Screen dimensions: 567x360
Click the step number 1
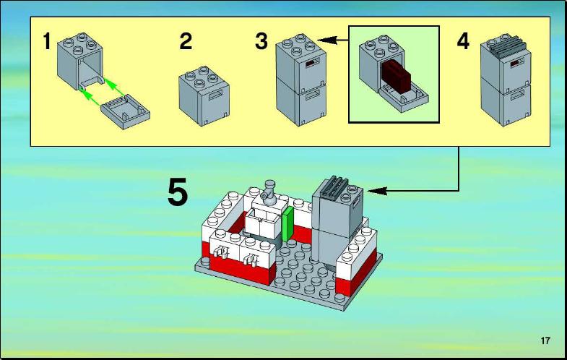[47, 41]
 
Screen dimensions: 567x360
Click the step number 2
[186, 41]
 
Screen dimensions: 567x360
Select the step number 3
[261, 41]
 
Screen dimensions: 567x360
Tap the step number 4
[463, 41]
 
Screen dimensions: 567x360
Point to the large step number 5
[178, 192]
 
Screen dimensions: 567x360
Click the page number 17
[545, 340]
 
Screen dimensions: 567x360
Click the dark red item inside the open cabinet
[397, 76]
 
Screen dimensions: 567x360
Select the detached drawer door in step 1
[125, 112]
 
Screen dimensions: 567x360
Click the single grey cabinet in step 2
[204, 95]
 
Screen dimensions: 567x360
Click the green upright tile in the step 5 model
[287, 223]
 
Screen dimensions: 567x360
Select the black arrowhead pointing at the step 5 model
[378, 191]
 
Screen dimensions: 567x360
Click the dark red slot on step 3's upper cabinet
[311, 64]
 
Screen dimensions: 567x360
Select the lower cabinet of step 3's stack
[301, 102]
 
